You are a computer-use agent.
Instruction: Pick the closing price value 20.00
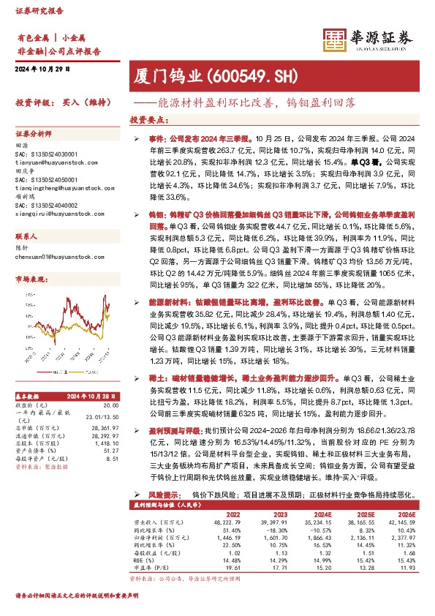pyautogui.click(x=110, y=405)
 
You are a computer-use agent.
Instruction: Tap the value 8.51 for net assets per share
pyautogui.click(x=112, y=459)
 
